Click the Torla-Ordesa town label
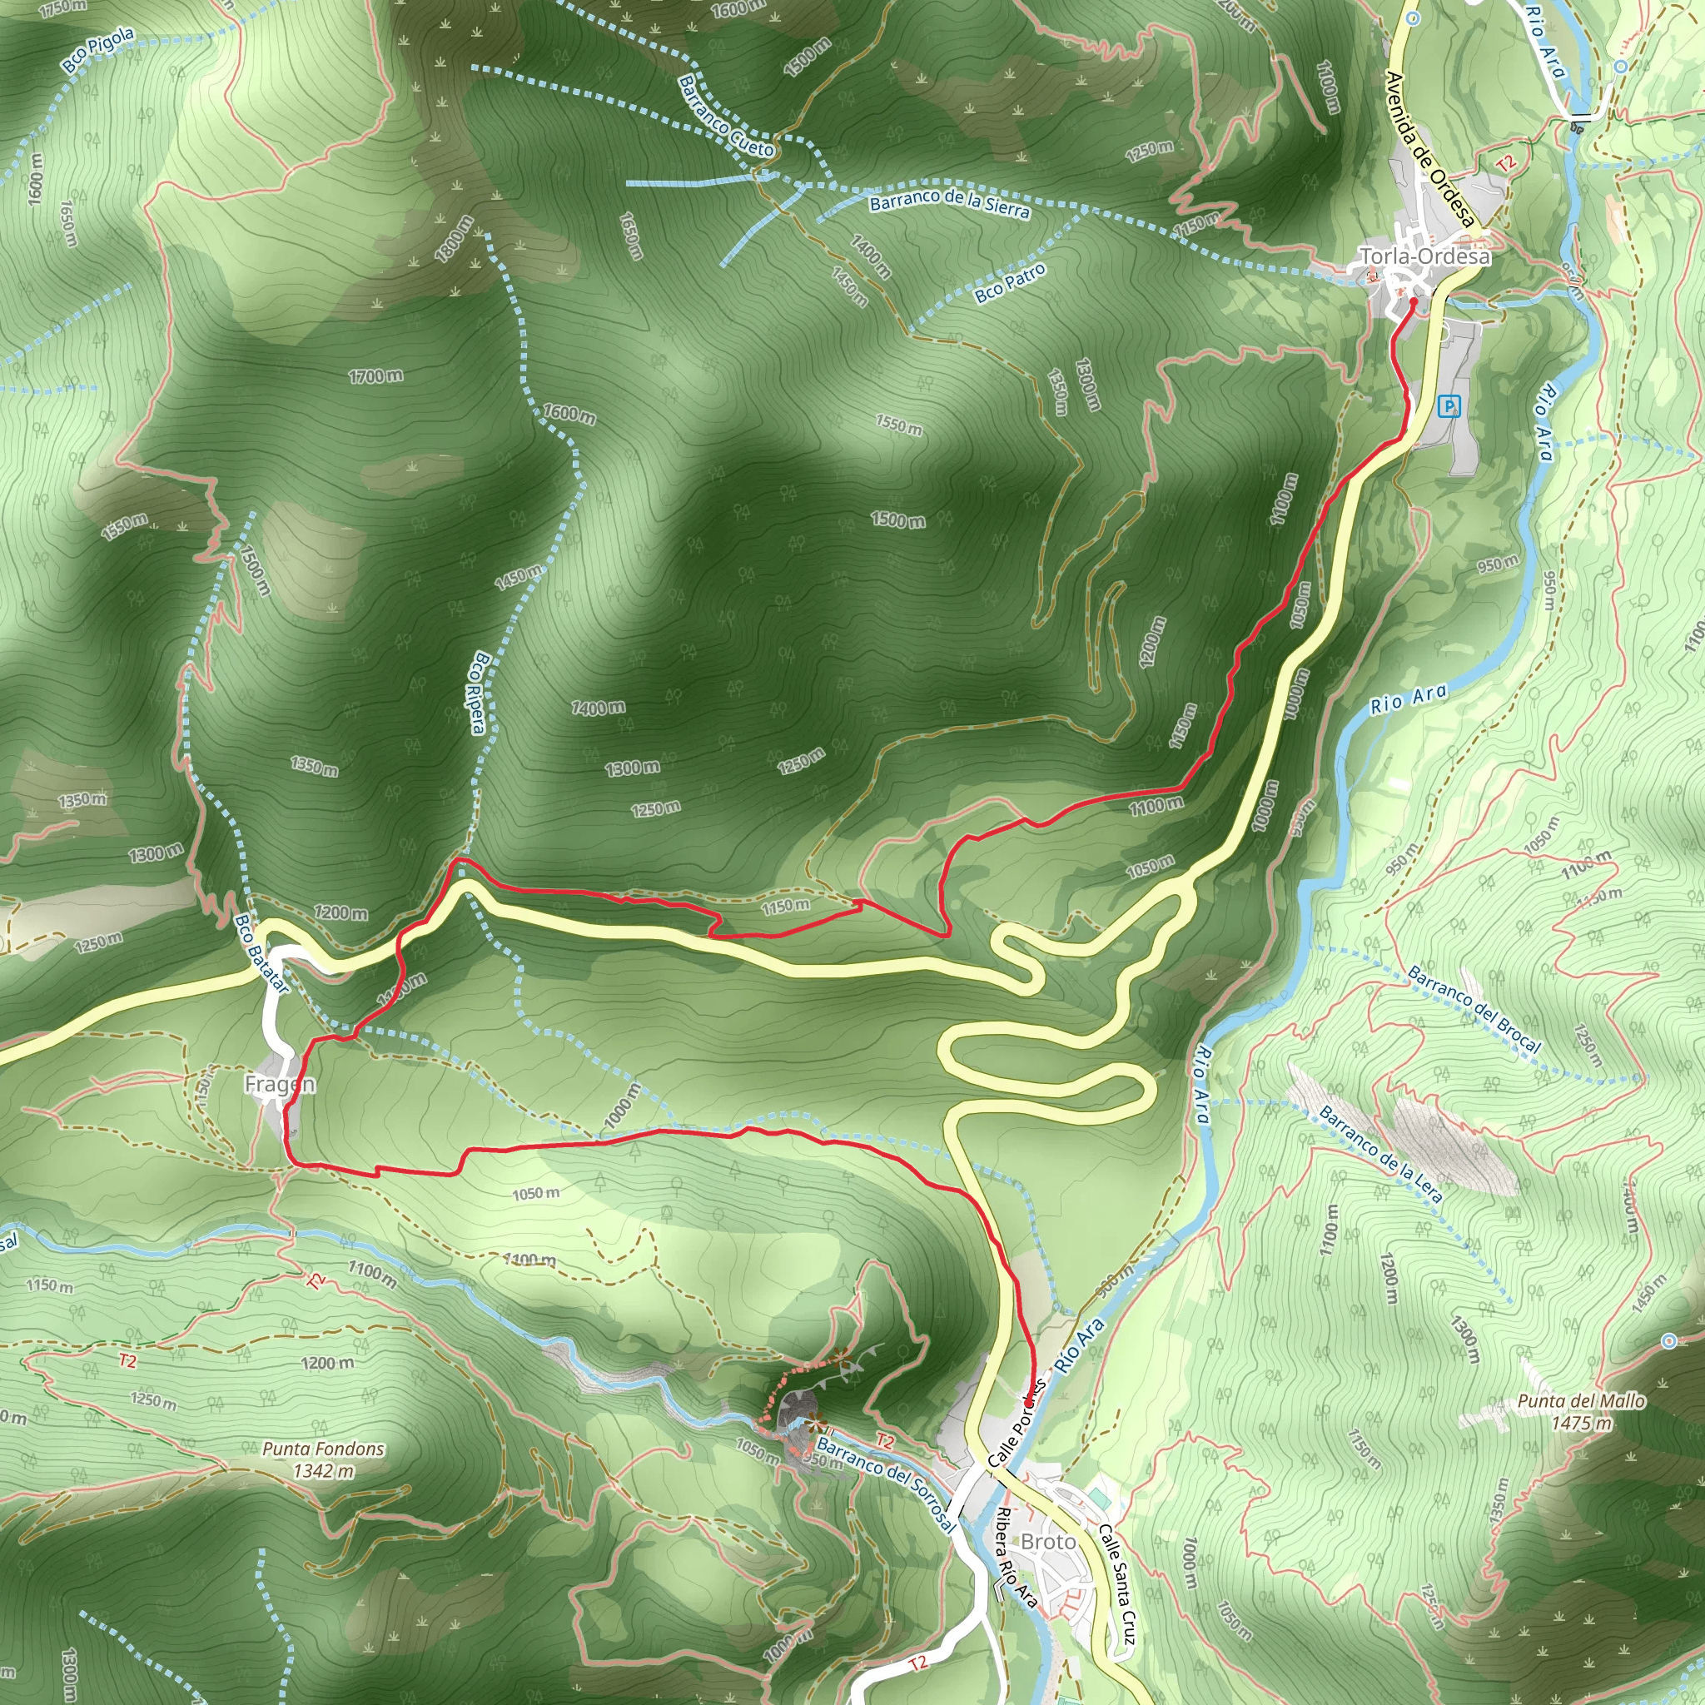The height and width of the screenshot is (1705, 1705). (1424, 256)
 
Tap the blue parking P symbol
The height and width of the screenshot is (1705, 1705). (1449, 407)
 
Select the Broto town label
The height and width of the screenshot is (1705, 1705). (1048, 1541)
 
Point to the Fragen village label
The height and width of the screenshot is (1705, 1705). (279, 1084)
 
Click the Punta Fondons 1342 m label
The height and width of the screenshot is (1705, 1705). (324, 1459)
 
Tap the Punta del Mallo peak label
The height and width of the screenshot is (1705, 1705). (1582, 1412)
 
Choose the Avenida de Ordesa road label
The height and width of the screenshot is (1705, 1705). (1429, 150)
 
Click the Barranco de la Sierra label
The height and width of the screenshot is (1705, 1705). (950, 203)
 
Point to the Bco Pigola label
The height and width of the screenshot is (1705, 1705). (98, 49)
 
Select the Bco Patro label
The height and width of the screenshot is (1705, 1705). (1011, 283)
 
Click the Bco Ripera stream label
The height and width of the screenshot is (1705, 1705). (480, 693)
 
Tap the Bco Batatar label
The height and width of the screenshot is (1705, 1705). (261, 953)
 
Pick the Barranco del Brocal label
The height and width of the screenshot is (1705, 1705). (1474, 1010)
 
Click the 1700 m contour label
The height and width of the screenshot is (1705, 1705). (376, 377)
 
